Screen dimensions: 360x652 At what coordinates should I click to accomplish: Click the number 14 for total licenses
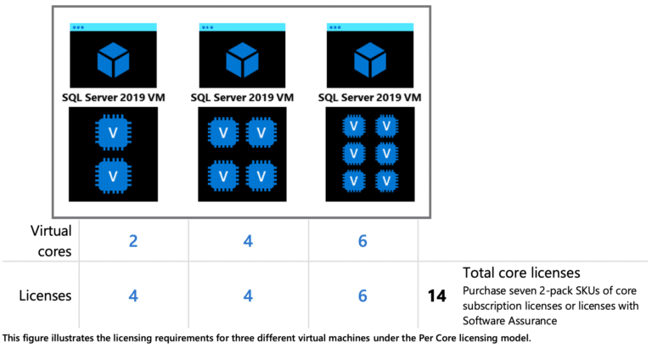pos(437,296)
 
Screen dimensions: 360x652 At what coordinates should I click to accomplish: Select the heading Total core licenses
pos(521,273)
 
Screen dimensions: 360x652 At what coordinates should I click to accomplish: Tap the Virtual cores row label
pos(51,240)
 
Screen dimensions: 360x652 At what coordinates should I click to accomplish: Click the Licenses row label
pos(46,295)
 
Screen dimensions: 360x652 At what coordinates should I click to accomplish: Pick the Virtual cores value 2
pos(133,241)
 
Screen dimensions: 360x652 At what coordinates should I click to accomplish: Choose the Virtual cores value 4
pos(248,241)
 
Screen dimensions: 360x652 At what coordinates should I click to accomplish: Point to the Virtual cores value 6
pos(363,241)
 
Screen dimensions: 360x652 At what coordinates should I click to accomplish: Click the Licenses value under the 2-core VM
pos(133,296)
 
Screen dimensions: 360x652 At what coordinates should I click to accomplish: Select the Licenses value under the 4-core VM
pos(248,296)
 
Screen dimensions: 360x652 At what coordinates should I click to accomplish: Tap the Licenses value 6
pos(363,296)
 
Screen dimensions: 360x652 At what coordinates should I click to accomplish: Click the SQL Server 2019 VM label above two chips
pos(114,98)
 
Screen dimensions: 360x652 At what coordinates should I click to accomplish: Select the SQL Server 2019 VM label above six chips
pos(369,98)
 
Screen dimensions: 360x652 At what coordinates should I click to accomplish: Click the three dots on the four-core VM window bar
pos(206,27)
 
